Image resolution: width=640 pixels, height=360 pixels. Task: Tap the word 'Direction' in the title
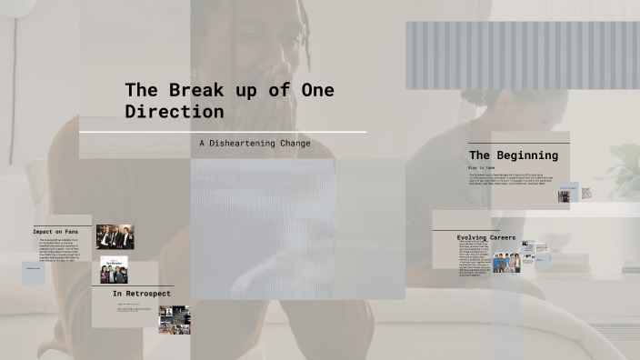174,112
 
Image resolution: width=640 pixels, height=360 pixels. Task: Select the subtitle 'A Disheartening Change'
255,144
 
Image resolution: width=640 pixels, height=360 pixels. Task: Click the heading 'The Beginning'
513,155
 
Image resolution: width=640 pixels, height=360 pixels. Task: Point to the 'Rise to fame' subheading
482,168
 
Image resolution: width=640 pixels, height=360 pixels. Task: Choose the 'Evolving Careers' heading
486,237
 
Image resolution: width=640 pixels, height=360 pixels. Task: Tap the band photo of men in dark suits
115,237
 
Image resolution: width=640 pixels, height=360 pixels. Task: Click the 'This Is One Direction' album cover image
114,270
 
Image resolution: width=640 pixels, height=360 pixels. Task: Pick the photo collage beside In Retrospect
174,319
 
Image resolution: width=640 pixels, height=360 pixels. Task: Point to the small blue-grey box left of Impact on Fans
34,271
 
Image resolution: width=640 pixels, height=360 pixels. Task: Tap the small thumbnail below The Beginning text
564,195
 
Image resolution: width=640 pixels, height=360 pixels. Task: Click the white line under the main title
223,133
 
